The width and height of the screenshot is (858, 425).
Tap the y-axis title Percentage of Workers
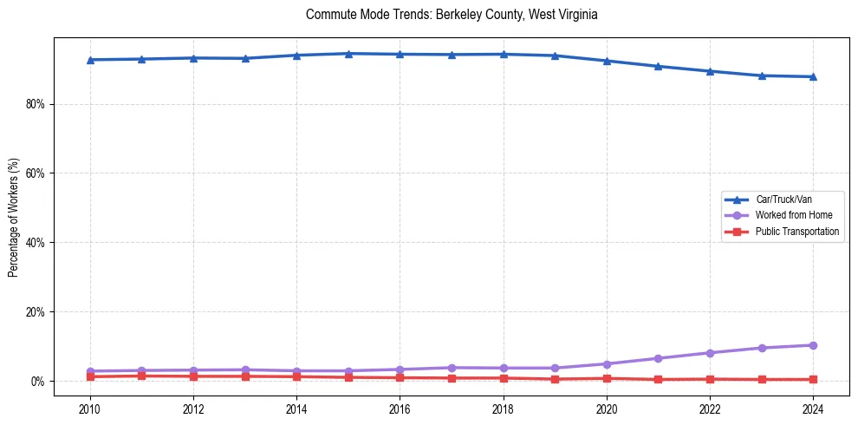[13, 217]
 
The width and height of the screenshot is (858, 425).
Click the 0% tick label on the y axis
[37, 382]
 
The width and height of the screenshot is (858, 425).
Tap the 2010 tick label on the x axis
[90, 409]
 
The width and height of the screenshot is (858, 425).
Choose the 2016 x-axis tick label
[400, 409]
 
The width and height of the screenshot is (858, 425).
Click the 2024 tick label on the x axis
[812, 409]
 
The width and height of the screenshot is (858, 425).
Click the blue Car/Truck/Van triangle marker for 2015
[348, 54]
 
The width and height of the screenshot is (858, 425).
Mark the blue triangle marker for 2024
[812, 76]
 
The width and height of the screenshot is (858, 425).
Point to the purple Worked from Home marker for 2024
[812, 345]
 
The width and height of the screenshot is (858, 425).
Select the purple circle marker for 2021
[658, 358]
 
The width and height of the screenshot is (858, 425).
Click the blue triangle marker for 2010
[90, 60]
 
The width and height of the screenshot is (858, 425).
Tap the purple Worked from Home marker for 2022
[709, 353]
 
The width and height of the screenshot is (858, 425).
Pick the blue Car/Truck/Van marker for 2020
[606, 61]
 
